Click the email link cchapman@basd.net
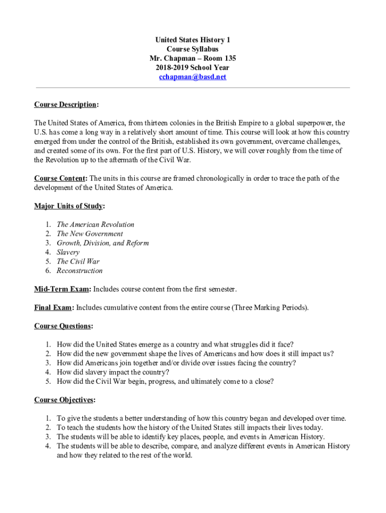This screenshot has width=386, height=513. coord(192,77)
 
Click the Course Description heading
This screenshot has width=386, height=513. coord(65,105)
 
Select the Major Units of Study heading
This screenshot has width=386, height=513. coord(69,206)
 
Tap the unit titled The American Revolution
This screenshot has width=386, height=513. coord(95,224)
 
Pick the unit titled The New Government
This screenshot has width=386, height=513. coord(90,233)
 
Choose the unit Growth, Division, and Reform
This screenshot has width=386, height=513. coord(103,243)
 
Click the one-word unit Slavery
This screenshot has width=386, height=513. coord(68,252)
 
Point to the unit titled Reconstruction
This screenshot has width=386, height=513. coord(80,271)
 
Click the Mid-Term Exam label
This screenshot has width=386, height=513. coord(62,289)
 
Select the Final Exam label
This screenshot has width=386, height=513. coord(54,308)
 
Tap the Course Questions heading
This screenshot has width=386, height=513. coord(63,326)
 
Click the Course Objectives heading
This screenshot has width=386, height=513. coord(64,400)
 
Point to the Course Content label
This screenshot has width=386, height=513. coord(60,178)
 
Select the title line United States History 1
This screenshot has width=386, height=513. coord(192,40)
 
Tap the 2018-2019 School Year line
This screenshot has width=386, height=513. coord(192,68)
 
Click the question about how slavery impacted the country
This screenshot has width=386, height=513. coord(113,372)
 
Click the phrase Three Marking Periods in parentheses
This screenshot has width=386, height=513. coord(270,308)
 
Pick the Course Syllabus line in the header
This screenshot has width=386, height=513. coord(192,49)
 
